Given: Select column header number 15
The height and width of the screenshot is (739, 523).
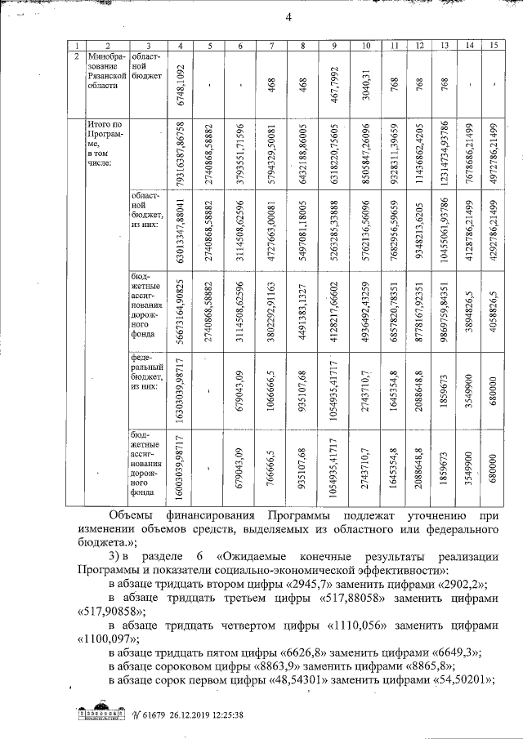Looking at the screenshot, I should [x=492, y=46].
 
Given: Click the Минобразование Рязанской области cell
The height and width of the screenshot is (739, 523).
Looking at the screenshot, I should [x=105, y=73].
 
